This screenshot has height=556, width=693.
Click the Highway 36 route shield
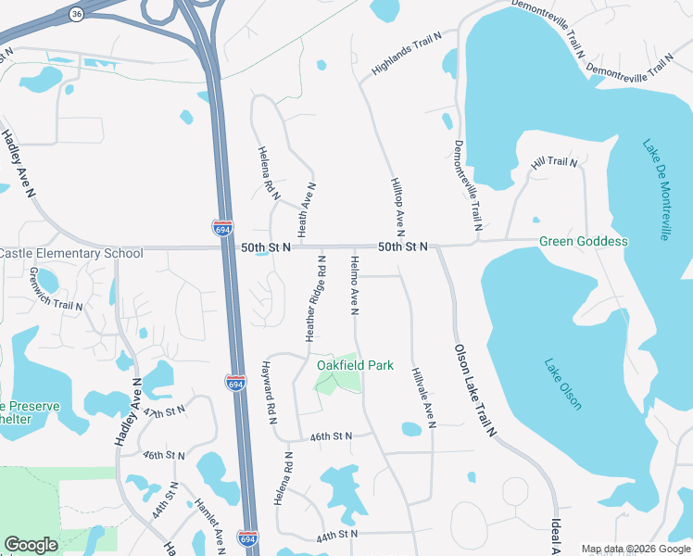(76, 14)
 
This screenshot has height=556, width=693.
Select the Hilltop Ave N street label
(397, 207)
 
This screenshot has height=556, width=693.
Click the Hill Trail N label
(553, 162)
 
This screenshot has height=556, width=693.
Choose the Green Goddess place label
(584, 242)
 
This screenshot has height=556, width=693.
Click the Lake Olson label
(563, 384)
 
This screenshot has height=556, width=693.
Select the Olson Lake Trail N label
(475, 390)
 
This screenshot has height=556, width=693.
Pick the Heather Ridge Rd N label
(316, 300)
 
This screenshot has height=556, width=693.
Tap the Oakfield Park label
(355, 365)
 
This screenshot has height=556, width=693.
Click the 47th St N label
(165, 412)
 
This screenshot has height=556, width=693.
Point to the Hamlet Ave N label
(209, 524)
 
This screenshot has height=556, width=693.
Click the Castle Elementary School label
(71, 253)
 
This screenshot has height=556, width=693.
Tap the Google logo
(31, 544)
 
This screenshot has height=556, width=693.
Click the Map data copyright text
(636, 549)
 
